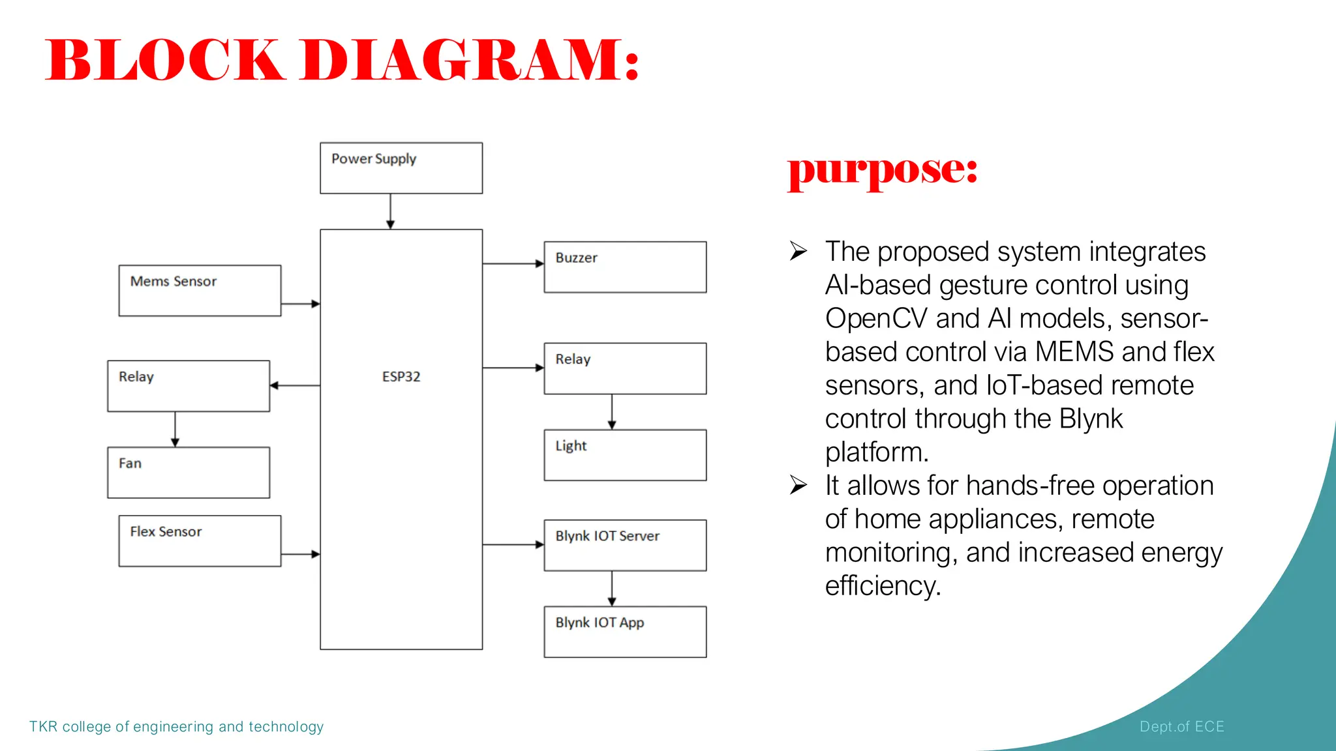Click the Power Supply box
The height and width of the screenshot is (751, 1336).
point(401,168)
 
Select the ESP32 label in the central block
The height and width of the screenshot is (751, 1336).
point(401,377)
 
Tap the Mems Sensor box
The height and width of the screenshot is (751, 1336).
point(200,291)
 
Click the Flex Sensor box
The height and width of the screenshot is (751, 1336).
point(200,541)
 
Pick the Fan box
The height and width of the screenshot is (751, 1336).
point(189,473)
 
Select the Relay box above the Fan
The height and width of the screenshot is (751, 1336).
point(189,386)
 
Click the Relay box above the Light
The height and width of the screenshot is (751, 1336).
point(625,368)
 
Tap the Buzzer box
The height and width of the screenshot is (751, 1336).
point(625,267)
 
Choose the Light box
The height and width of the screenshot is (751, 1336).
point(625,455)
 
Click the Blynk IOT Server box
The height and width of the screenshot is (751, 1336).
point(625,545)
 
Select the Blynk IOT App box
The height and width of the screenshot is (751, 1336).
point(625,632)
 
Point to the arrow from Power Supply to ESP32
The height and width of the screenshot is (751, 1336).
point(390,211)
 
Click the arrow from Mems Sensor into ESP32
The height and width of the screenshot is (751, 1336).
point(300,304)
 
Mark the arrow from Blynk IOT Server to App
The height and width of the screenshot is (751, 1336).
point(612,589)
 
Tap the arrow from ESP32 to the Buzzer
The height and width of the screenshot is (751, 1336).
point(513,263)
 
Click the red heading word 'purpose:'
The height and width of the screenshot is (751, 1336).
point(883,170)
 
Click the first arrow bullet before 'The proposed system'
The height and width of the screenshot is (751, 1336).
point(798,251)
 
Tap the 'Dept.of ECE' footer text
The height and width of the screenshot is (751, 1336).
point(1181,726)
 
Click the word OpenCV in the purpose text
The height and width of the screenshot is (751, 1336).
point(875,319)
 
